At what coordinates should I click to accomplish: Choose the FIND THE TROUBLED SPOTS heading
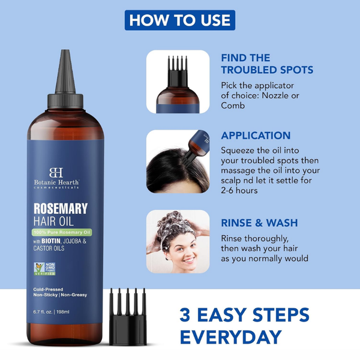(x=266, y=64)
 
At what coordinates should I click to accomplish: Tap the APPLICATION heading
(x=256, y=136)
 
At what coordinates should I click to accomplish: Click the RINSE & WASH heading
(x=259, y=223)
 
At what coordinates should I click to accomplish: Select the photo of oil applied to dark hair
(x=178, y=161)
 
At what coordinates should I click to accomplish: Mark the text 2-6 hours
(x=239, y=190)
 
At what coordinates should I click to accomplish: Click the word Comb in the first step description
(x=233, y=105)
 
